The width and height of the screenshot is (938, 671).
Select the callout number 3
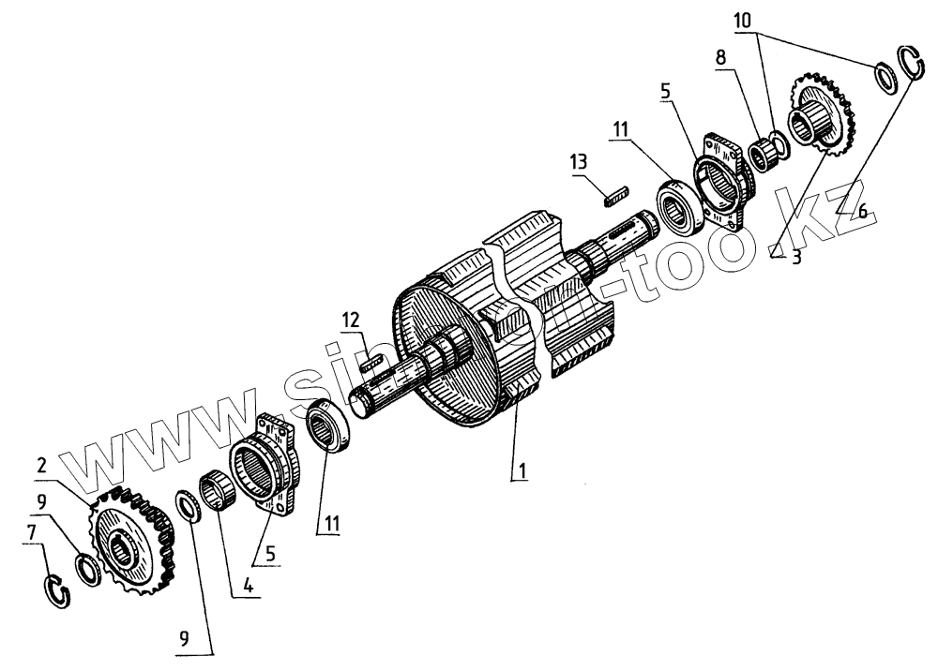795,256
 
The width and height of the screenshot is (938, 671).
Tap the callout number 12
349,321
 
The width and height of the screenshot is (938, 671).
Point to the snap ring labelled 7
58,592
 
